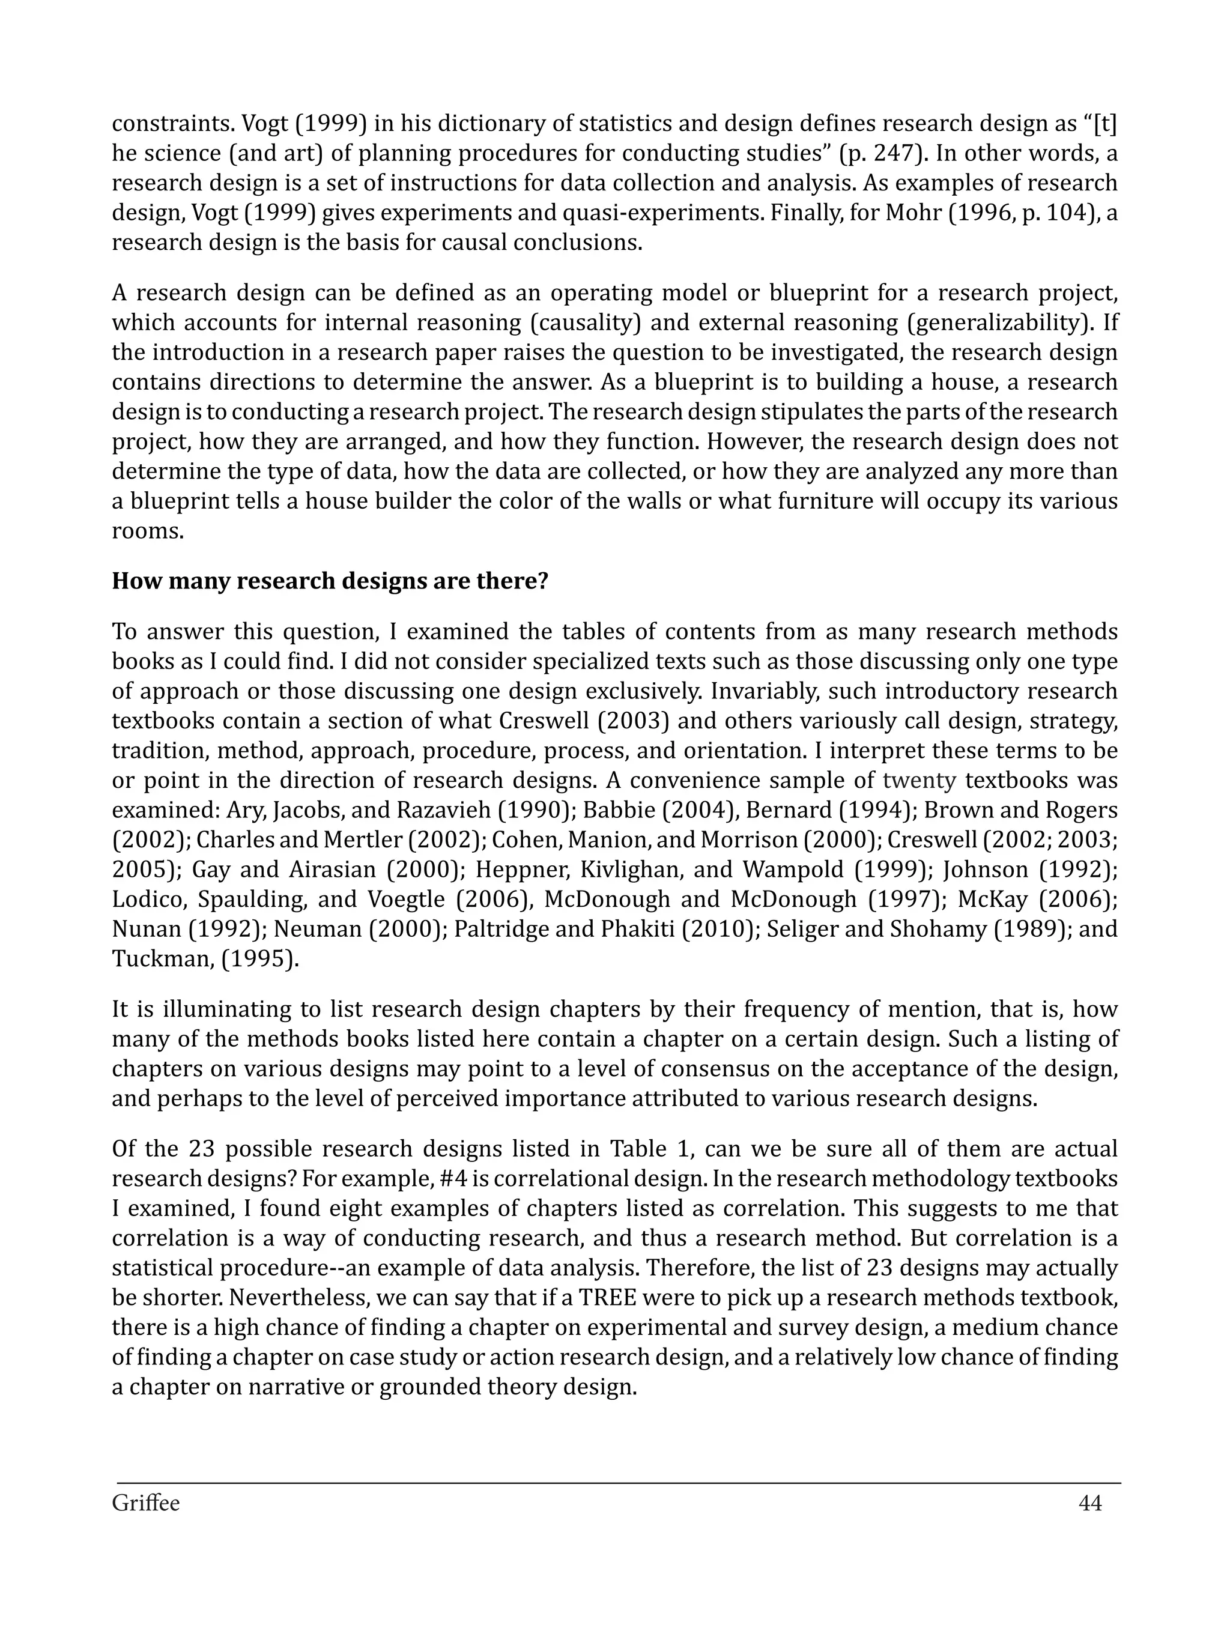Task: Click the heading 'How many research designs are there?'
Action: tap(330, 581)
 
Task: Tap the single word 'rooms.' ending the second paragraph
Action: tap(148, 531)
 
